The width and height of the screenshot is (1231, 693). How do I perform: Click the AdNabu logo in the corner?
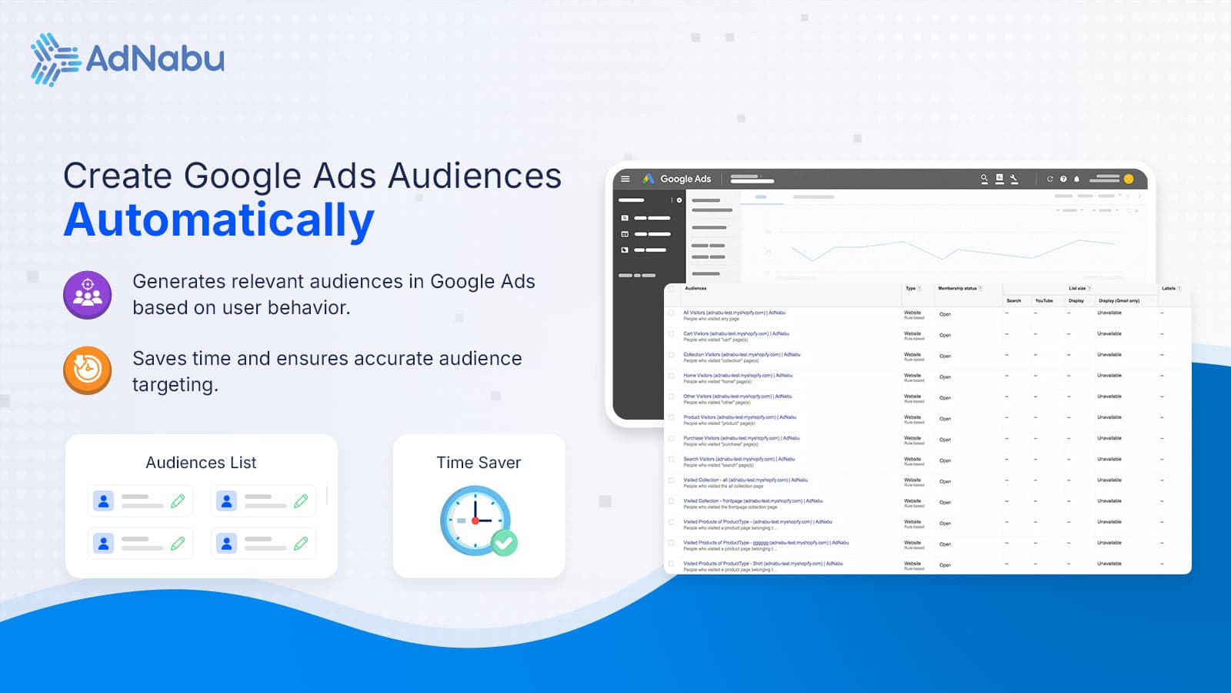coord(128,59)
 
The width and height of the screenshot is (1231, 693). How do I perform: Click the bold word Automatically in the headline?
coord(219,220)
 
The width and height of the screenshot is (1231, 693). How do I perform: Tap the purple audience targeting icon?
coord(88,295)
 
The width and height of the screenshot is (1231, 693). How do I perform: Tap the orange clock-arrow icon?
coord(88,370)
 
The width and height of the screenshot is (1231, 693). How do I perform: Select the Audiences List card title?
coord(201,463)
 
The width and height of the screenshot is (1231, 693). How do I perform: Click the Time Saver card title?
coord(479,463)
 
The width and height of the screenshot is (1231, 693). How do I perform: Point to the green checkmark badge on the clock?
coord(505,544)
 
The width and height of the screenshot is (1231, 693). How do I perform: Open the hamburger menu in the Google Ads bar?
coord(626,179)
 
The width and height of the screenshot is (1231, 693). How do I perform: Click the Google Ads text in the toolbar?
coord(686,179)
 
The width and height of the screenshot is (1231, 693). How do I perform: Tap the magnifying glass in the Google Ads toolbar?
coord(984,179)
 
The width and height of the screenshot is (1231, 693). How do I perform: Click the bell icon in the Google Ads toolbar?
coord(1076,179)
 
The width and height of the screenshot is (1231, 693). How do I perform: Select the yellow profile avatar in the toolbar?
coord(1129,179)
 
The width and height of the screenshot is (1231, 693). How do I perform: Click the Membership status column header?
coord(957,289)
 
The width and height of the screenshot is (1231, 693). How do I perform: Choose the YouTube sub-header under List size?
coord(1044,301)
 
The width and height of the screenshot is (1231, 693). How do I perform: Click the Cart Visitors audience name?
coord(736,334)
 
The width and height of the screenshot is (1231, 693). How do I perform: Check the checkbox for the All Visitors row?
coord(672,313)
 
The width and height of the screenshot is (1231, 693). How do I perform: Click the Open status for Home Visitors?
coord(945,377)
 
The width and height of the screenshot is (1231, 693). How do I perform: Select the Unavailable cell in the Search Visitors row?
coord(1109,460)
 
